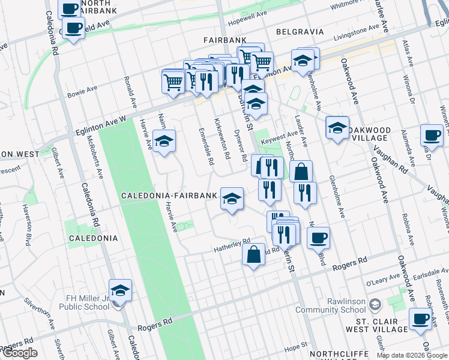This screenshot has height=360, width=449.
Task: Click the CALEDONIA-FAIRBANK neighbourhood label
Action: [169, 196]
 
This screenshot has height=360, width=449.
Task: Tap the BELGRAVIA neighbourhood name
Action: [300, 32]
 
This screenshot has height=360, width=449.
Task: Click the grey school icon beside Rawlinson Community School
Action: [376, 305]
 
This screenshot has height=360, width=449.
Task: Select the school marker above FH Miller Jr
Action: [120, 290]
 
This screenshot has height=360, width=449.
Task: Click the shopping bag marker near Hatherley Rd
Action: [254, 254]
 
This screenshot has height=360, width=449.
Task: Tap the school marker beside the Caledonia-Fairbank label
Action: [231, 199]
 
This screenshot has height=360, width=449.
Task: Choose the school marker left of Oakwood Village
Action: [337, 127]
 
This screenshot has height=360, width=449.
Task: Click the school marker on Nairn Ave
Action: [164, 141]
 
